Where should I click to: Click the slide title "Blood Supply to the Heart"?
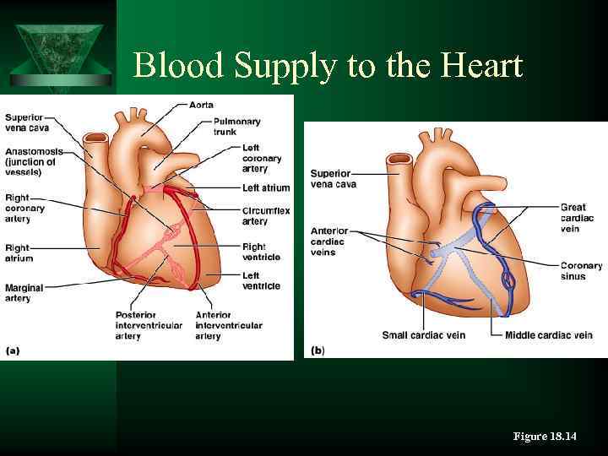tap(328, 66)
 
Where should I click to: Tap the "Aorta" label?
tap(202, 105)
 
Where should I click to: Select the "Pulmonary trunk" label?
tap(236, 127)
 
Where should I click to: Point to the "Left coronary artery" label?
tap(261, 158)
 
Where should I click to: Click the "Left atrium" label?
tap(265, 187)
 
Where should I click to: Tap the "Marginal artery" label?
tap(24, 293)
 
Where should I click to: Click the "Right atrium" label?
tap(18, 253)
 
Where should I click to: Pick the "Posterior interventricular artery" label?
tap(146, 325)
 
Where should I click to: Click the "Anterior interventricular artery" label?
tap(228, 325)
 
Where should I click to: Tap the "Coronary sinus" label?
tap(581, 271)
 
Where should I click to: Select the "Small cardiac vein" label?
tap(423, 335)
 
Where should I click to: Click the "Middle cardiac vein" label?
tap(548, 335)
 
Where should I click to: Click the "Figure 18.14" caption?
tap(545, 436)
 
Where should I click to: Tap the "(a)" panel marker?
tap(14, 350)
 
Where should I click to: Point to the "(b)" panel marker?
tap(318, 350)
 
